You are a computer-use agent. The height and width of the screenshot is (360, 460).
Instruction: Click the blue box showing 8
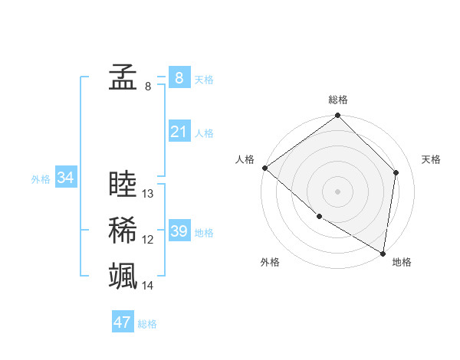[x=179, y=77]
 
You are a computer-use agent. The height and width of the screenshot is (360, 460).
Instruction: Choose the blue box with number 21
[x=179, y=132]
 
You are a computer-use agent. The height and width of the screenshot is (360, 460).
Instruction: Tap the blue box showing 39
[x=179, y=231]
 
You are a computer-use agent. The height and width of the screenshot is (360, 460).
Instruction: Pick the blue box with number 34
[x=66, y=178]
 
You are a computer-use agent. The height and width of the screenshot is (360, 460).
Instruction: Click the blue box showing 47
[x=122, y=322]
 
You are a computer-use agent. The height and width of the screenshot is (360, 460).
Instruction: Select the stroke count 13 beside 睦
[x=148, y=195]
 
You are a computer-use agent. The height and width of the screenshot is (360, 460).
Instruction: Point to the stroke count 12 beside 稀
[x=148, y=241]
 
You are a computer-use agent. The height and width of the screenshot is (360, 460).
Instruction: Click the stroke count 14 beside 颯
[x=148, y=286]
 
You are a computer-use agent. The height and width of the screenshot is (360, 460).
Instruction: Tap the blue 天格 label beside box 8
[x=203, y=79]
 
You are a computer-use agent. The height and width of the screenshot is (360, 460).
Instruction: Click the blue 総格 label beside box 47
[x=147, y=324]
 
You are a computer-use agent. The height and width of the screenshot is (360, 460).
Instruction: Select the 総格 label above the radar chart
[x=338, y=100]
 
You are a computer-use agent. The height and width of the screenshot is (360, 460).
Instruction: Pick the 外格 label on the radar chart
[x=270, y=262]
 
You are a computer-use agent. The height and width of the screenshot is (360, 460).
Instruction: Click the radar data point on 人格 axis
[x=264, y=168]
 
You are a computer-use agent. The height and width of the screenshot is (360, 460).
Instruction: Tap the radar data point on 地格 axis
[x=383, y=253]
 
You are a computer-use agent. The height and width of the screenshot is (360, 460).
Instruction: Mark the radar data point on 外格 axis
[x=319, y=216]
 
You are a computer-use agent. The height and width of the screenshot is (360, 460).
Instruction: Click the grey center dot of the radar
[x=337, y=191]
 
